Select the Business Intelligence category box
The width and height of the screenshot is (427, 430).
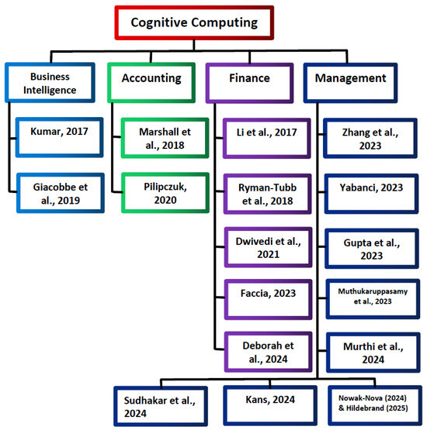54,84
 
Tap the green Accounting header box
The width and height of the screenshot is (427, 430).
151,78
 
